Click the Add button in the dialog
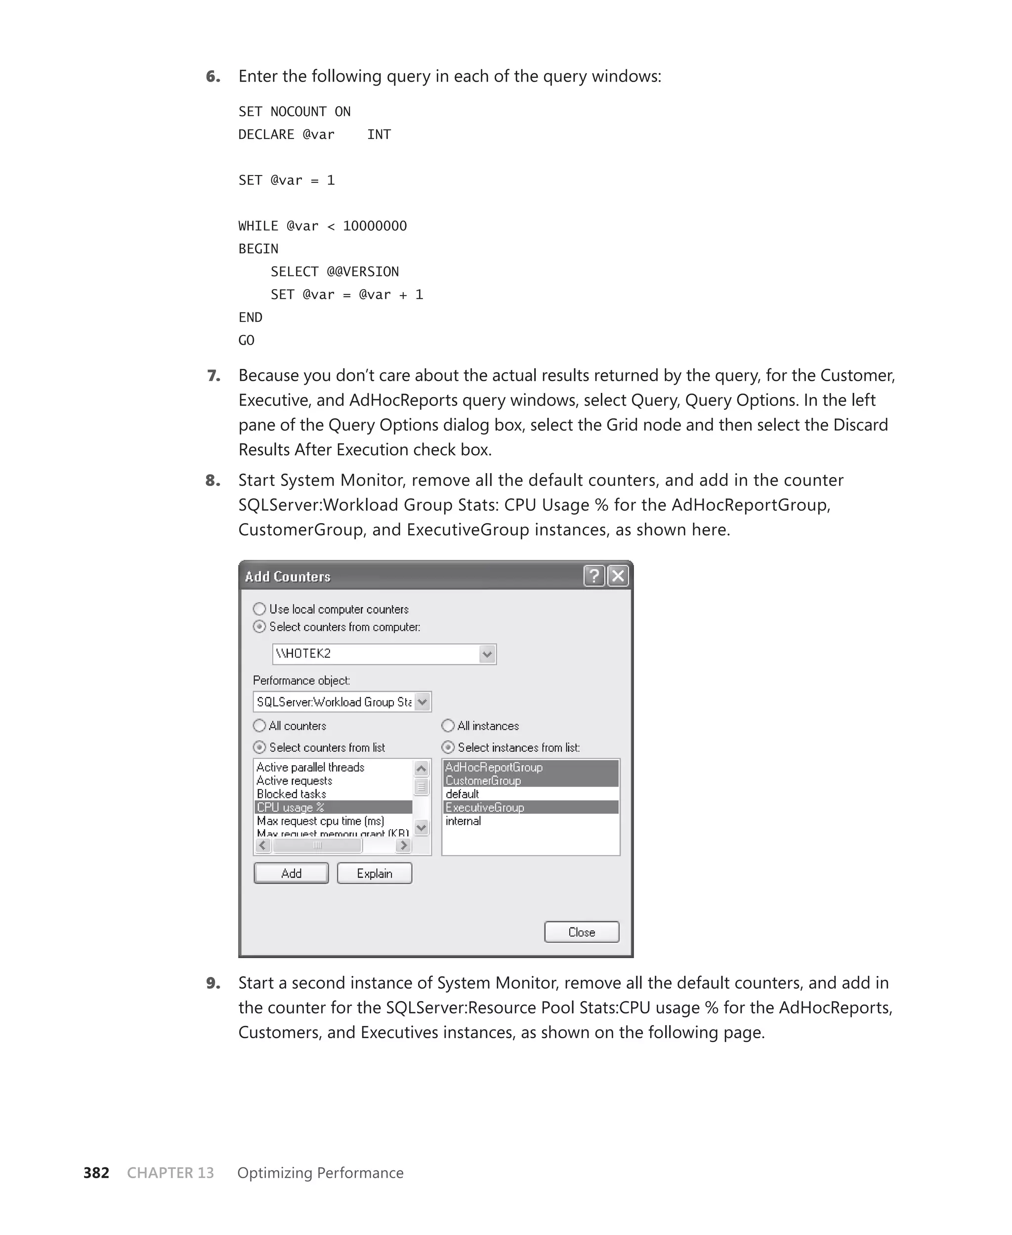(291, 873)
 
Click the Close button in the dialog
(581, 932)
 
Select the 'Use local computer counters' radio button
(259, 609)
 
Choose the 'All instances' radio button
(448, 725)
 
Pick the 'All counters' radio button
(259, 725)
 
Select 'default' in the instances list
(463, 794)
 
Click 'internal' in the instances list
(464, 820)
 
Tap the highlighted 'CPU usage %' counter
(291, 807)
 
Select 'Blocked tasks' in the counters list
(292, 794)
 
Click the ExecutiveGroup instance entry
(485, 807)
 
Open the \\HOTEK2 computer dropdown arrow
(487, 654)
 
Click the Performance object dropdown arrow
(422, 702)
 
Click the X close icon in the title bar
(618, 576)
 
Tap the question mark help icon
(594, 576)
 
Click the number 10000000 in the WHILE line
(375, 225)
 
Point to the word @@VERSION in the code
(363, 271)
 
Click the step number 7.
(214, 376)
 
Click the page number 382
(96, 1173)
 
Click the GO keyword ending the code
(246, 340)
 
